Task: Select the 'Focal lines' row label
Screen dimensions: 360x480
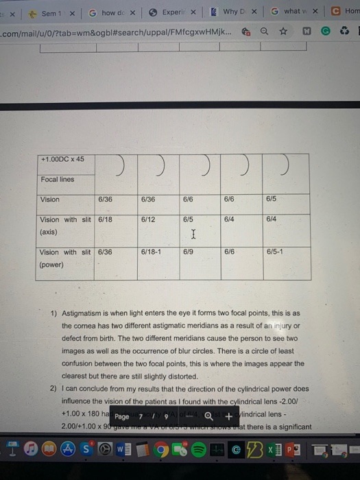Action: point(58,179)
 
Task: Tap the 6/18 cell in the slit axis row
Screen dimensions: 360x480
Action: point(105,219)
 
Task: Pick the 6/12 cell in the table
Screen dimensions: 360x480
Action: point(148,219)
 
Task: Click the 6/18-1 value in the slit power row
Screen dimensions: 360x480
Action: point(151,252)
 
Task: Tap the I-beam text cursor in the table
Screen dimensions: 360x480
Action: point(194,235)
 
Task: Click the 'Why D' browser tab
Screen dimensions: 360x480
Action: point(230,12)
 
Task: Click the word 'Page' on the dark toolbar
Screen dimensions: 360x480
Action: point(122,416)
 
